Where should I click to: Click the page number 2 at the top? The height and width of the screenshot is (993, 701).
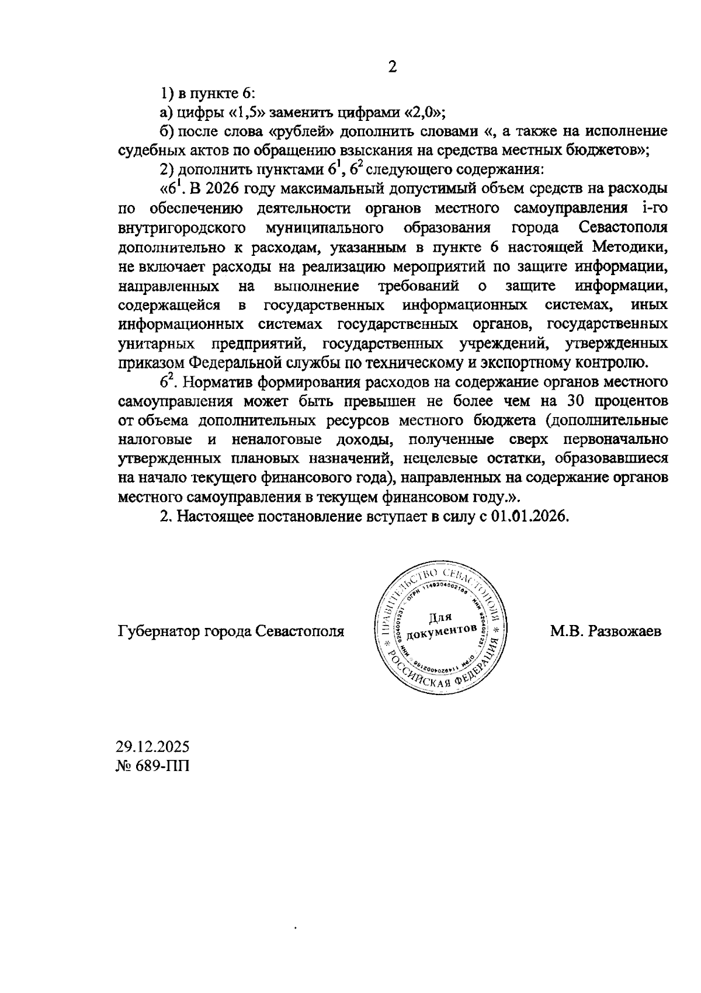tap(393, 67)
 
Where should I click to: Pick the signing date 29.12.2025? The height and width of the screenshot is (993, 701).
tap(153, 747)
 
